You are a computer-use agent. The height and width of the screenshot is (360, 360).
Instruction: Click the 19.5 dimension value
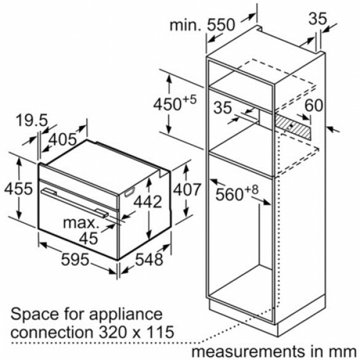tap(32, 121)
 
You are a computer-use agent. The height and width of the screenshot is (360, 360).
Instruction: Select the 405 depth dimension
tap(62, 139)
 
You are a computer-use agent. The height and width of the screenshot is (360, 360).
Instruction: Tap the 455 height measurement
tap(19, 189)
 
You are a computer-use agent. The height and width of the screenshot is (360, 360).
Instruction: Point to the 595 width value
tap(75, 259)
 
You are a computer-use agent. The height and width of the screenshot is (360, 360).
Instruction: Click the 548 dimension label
tap(149, 260)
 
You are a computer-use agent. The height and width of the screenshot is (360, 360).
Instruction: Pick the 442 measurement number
tap(148, 202)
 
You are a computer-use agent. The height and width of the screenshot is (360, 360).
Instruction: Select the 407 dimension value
tap(187, 190)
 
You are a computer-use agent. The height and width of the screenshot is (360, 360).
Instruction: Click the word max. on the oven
tap(81, 223)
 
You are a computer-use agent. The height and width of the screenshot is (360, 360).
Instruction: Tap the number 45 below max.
tap(89, 238)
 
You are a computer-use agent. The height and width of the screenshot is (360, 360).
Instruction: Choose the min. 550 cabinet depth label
tap(203, 25)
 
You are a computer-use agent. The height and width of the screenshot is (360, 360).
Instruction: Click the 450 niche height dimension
tap(175, 103)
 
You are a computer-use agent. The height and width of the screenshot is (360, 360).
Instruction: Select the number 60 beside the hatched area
tap(314, 106)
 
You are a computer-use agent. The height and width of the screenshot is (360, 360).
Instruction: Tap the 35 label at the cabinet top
tap(317, 19)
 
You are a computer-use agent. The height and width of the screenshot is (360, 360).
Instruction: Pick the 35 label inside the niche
tap(223, 107)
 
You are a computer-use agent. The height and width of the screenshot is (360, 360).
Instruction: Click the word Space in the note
tap(34, 315)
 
